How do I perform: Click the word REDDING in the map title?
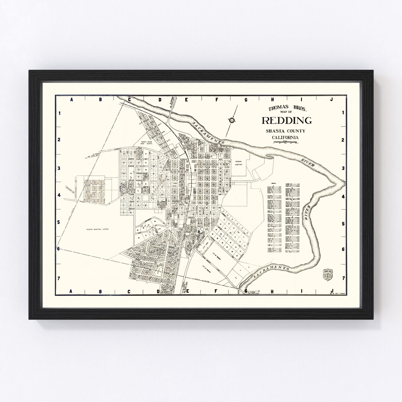[287, 121]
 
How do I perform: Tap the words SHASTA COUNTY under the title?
[285, 131]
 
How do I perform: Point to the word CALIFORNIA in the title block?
[285, 138]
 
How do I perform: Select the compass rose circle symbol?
[232, 120]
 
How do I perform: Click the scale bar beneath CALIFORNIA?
[285, 143]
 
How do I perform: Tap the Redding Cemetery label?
[239, 163]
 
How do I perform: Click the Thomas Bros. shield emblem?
[327, 274]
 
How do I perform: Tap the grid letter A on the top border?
[70, 100]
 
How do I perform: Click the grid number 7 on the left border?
[58, 278]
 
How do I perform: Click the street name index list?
[283, 220]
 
